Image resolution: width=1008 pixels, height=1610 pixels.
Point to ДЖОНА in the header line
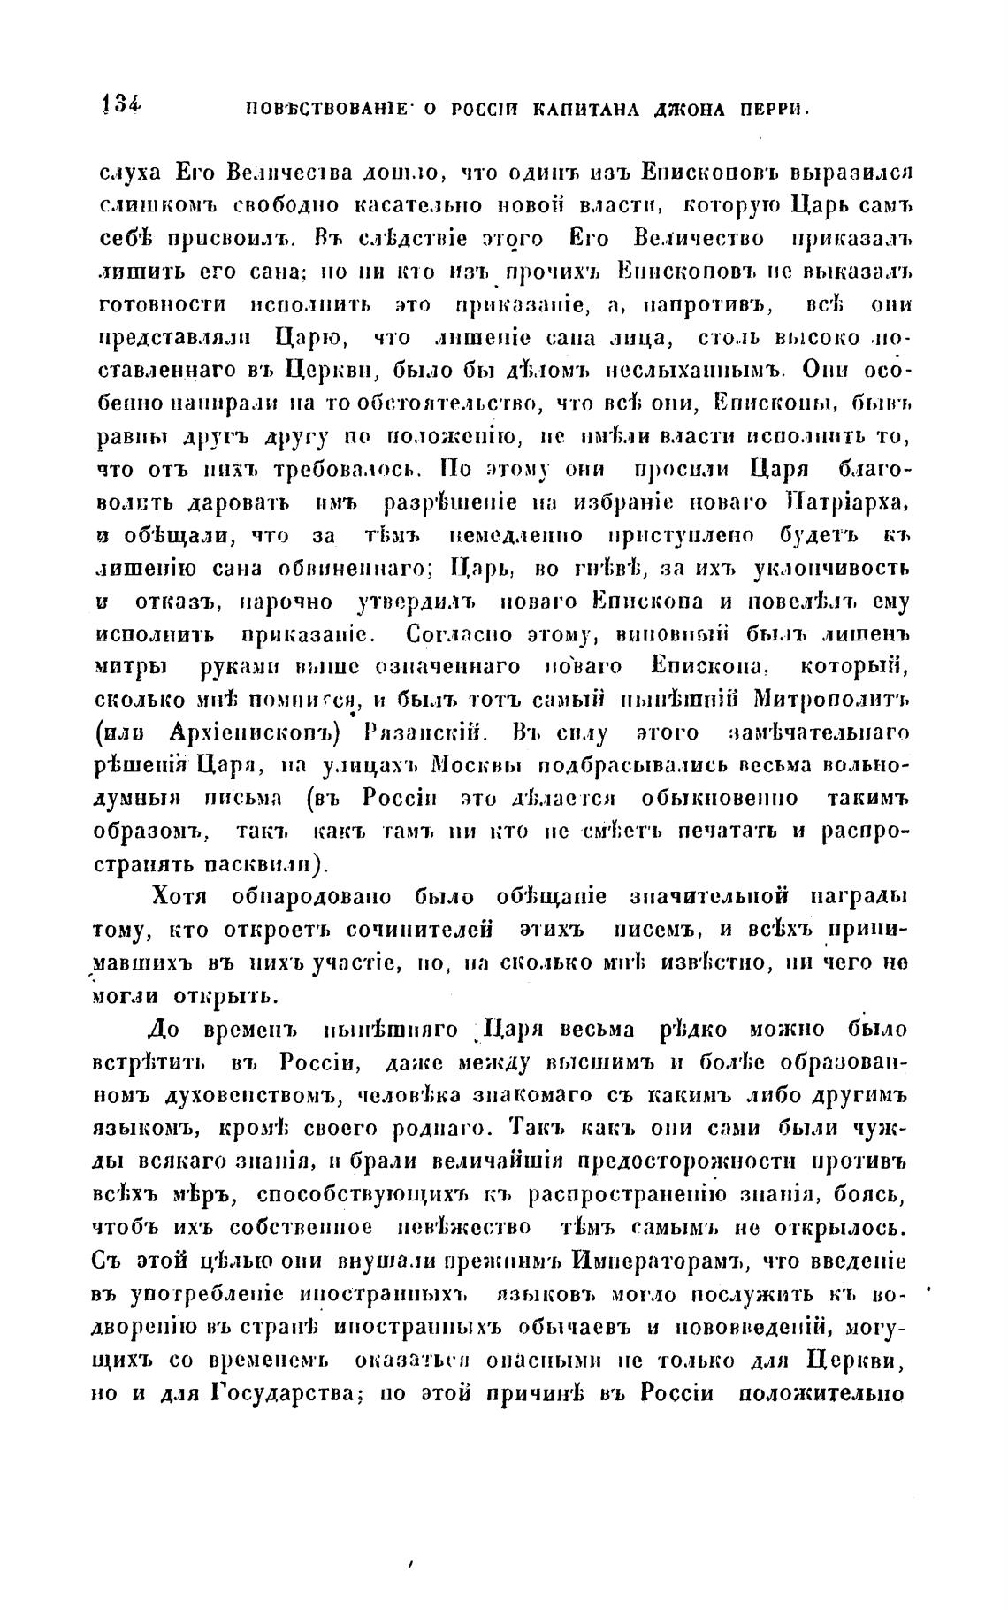[x=689, y=110]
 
